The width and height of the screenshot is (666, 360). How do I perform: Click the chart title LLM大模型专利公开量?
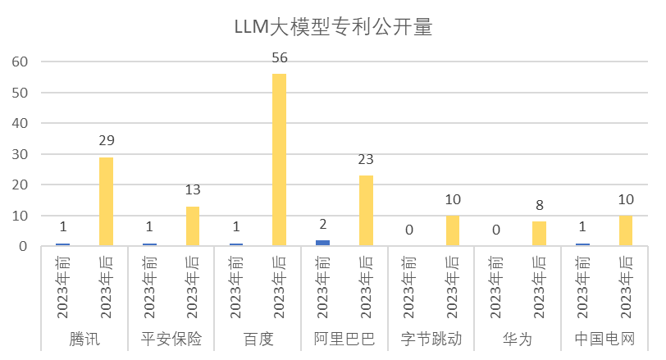point(332,27)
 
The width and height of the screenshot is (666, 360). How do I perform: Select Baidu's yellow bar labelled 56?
point(279,160)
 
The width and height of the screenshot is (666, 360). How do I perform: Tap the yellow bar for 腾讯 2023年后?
point(106,201)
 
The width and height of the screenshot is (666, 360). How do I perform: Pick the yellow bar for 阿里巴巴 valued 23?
point(366,211)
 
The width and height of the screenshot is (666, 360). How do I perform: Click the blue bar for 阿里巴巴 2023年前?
point(322,243)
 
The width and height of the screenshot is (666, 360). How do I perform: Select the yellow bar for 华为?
point(539,234)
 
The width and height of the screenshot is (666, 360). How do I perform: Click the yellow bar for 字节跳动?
point(453,230)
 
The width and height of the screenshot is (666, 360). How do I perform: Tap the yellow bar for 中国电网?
point(626,230)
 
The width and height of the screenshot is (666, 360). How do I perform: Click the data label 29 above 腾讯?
point(106,142)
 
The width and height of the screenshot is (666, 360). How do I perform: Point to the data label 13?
point(193,190)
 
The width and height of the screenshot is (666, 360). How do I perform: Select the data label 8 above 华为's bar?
point(539,205)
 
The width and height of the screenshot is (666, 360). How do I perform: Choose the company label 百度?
point(258,339)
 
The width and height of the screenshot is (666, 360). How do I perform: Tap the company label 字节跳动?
point(431,339)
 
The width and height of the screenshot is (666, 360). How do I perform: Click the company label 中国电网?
point(604,339)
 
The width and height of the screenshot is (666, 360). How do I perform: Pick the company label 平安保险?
point(171,339)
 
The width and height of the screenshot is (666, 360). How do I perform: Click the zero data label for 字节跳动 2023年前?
point(409,230)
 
